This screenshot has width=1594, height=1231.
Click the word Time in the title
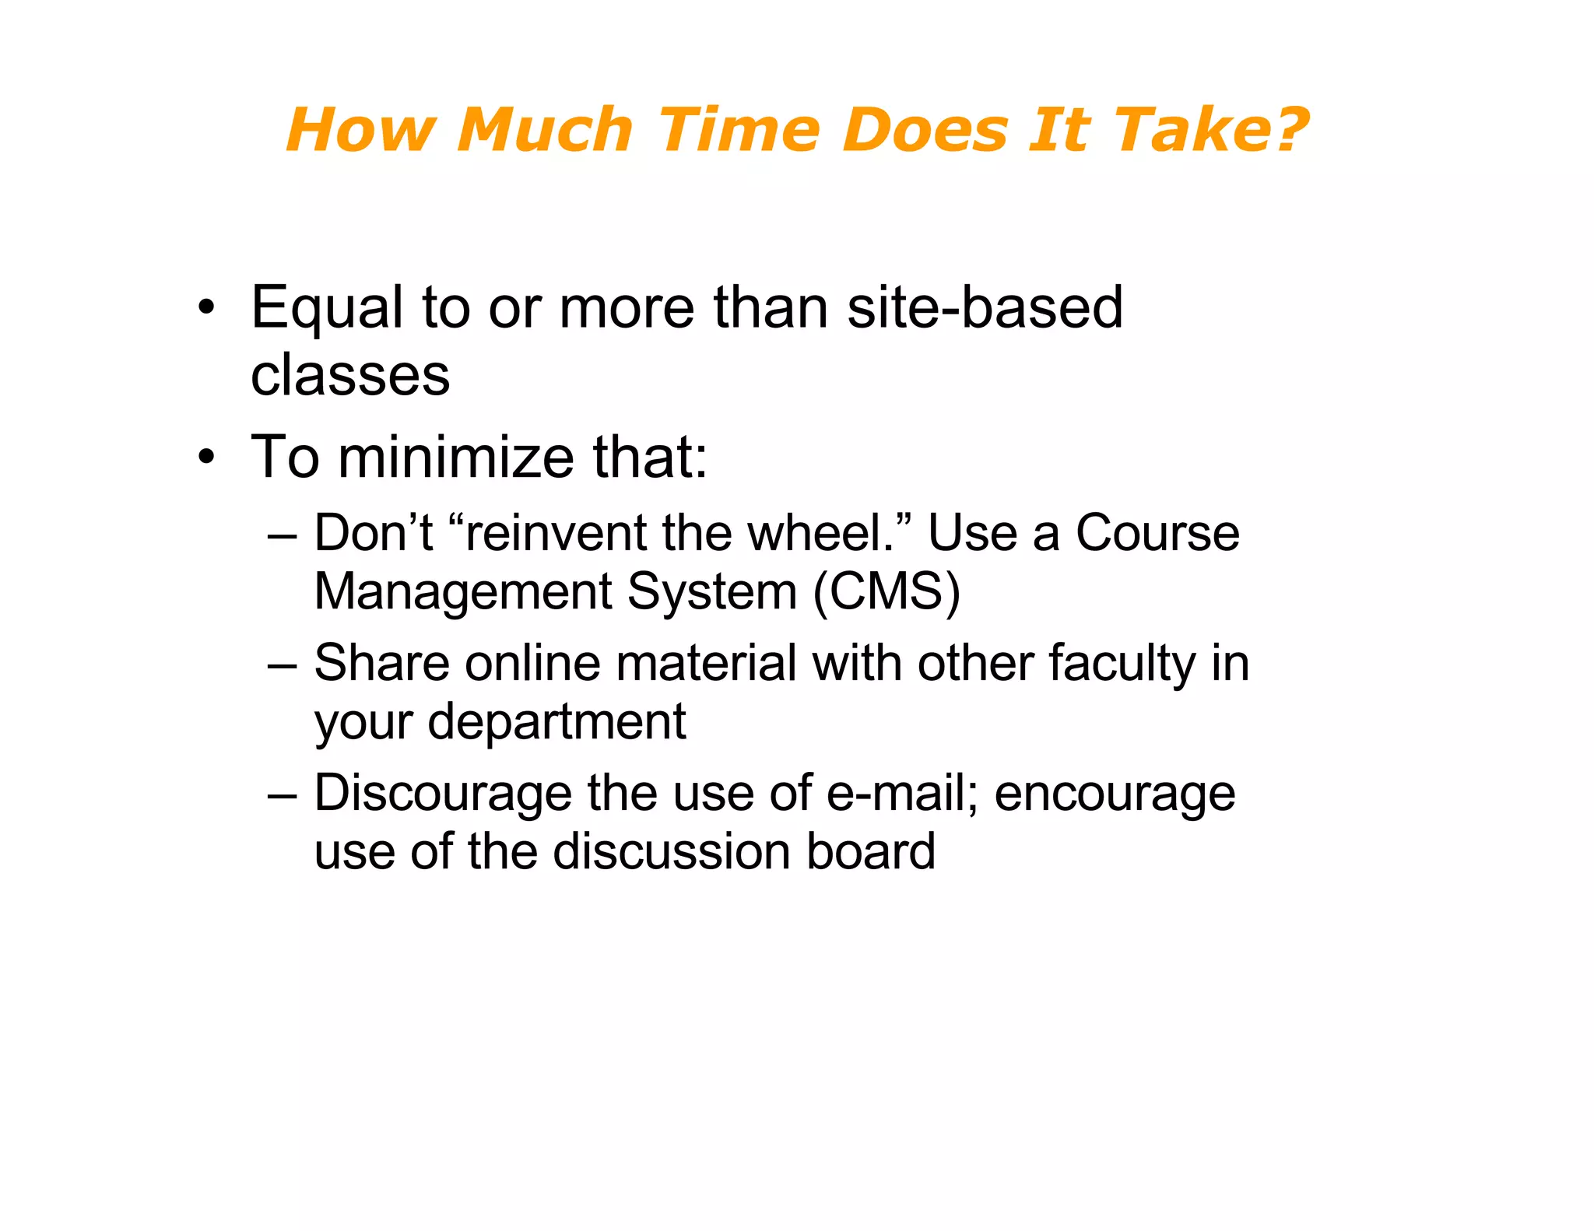pos(739,129)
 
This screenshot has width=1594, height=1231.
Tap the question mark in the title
pos(1287,129)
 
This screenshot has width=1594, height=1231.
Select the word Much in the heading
pos(545,129)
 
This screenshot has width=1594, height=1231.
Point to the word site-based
pos(985,307)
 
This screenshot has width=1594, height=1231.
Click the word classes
pos(350,375)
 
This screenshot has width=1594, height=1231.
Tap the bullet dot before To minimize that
pos(205,457)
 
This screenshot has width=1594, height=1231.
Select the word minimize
pos(456,457)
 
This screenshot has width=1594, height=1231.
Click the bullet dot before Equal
pos(205,307)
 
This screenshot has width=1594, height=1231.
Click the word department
pos(556,722)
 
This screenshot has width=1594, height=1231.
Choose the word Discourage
pos(443,794)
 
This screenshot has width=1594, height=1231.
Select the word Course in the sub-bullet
pos(1157,534)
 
